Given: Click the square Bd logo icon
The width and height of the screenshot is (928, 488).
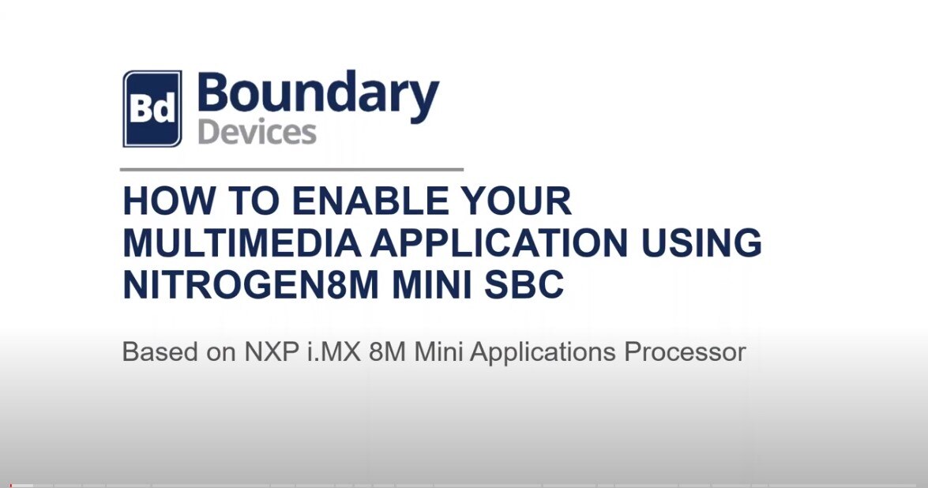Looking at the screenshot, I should click(152, 109).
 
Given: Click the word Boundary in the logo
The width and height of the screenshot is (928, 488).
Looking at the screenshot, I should click(317, 96).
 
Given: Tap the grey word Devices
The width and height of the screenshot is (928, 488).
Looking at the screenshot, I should click(257, 132).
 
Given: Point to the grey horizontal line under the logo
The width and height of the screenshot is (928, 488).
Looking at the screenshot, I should click(291, 169).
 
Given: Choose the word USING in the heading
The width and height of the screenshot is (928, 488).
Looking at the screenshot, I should click(702, 243).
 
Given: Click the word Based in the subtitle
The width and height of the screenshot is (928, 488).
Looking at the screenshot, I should click(149, 351).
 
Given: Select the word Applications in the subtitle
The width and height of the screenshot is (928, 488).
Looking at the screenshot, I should click(543, 351).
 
